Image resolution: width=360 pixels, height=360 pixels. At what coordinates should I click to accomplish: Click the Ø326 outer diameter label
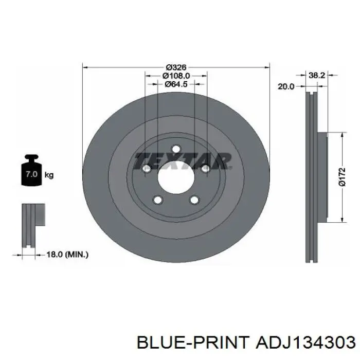[176, 67]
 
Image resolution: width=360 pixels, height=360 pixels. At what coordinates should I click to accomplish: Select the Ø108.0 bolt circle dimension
[176, 76]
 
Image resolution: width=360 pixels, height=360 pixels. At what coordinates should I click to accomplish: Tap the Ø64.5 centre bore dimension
[176, 84]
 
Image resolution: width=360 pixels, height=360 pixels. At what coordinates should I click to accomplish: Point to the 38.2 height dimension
[317, 75]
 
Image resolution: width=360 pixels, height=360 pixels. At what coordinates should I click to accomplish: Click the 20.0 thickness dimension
[286, 86]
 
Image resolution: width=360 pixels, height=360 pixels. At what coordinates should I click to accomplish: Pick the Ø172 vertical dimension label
[343, 177]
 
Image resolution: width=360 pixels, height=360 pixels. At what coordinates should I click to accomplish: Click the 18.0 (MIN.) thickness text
[67, 255]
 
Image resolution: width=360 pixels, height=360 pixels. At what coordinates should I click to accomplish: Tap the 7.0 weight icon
[32, 170]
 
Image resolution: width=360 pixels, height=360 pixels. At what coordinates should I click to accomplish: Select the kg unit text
[49, 175]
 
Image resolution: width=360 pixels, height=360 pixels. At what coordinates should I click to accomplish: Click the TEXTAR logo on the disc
[183, 160]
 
